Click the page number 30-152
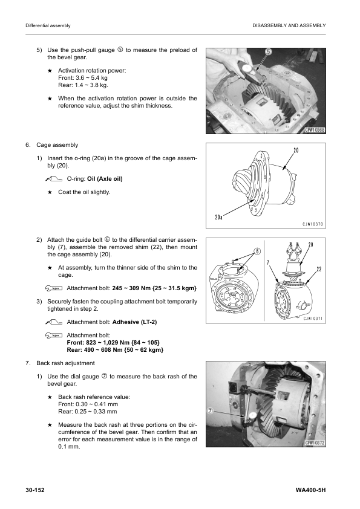point(35,490)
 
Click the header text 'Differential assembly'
point(48,25)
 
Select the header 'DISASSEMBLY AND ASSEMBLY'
point(289,25)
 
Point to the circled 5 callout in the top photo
point(269,51)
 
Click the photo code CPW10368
point(315,130)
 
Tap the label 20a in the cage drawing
point(218,216)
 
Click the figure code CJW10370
point(313,224)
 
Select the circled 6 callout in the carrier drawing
point(257,251)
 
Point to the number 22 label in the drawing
point(319,269)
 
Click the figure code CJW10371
point(313,319)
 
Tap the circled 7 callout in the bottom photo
point(210,411)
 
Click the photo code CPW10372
point(315,443)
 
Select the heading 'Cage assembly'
point(57,145)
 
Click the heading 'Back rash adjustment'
point(65,363)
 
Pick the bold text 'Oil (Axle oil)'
point(105,179)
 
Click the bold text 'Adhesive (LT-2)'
point(134,322)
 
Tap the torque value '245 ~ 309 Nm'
point(128,288)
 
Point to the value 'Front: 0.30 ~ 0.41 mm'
point(88,404)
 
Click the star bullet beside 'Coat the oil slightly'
point(50,192)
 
